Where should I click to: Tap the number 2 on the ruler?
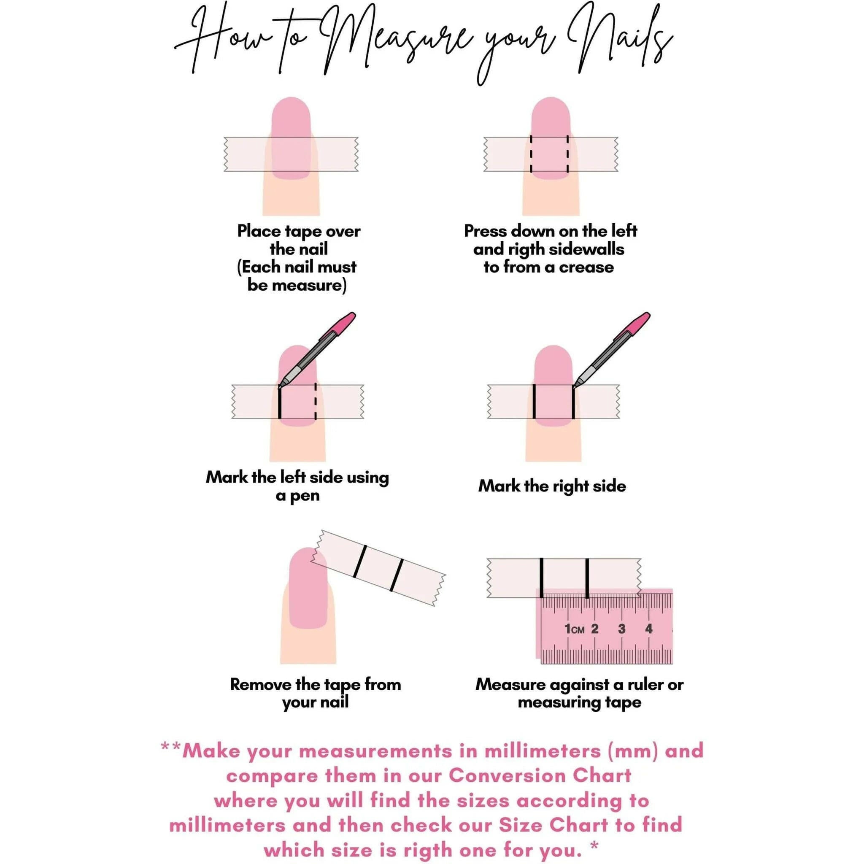pos(594,629)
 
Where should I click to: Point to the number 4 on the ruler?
pos(649,629)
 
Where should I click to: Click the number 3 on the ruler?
pos(621,629)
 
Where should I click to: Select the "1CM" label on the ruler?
pos(574,629)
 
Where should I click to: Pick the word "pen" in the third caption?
pos(305,496)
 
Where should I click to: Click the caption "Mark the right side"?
pos(552,486)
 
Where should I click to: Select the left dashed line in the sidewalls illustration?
pos(531,154)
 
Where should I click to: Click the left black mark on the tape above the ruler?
pos(542,578)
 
